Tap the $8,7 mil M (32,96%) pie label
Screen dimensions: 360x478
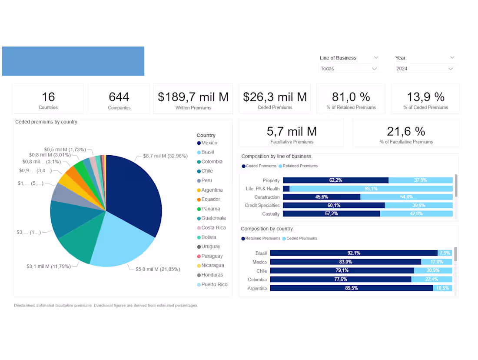point(165,156)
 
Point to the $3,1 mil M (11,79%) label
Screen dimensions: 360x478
point(48,266)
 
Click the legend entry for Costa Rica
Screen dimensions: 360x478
point(213,228)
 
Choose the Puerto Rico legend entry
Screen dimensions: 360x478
point(214,285)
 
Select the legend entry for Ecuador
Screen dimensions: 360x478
point(210,200)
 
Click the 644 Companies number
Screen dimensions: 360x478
point(119,97)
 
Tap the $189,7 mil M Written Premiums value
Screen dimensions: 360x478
point(193,97)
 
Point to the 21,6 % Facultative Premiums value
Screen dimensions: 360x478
point(406,131)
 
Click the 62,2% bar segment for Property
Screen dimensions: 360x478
point(335,180)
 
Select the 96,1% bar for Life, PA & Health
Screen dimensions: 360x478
point(371,189)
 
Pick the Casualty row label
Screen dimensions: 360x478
point(271,214)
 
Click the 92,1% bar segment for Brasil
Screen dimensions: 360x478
point(353,253)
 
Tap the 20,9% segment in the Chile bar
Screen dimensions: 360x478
point(433,270)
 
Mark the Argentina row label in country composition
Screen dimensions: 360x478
point(257,289)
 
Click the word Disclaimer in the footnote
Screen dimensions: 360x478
point(25,306)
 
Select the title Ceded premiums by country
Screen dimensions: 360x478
point(46,122)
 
